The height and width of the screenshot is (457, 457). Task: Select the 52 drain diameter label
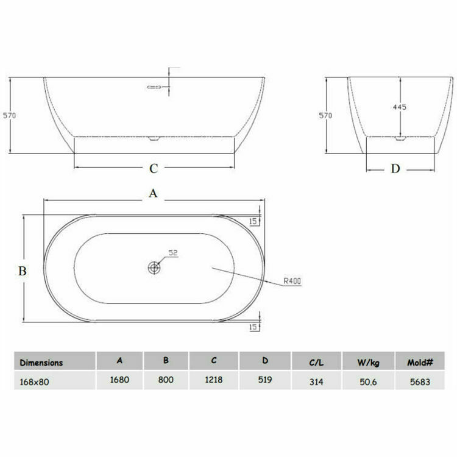tap(172, 253)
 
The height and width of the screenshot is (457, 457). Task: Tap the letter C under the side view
tap(154, 168)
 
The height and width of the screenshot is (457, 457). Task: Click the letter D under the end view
tap(395, 169)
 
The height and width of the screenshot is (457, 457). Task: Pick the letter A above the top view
tap(154, 193)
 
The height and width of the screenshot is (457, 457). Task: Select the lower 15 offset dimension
tap(253, 327)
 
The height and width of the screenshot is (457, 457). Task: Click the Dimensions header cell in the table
tap(41, 361)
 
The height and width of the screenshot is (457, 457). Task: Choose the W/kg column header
tap(367, 363)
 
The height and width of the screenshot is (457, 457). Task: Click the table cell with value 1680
tap(119, 380)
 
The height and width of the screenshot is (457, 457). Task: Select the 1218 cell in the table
tap(214, 380)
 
